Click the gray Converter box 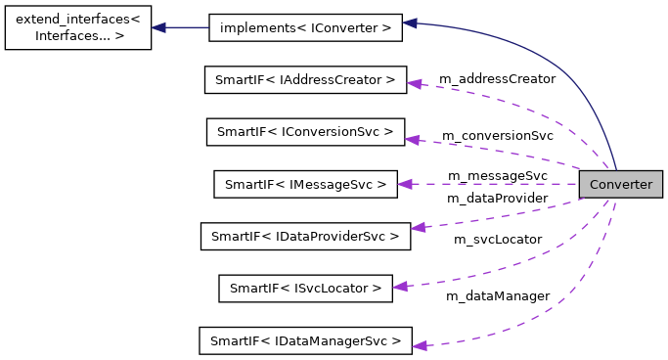(x=620, y=184)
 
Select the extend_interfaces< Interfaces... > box (x=78, y=27)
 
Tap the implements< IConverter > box (x=305, y=28)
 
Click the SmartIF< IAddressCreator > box (x=305, y=79)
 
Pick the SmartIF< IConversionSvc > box (x=305, y=131)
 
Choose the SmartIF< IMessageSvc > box (x=305, y=183)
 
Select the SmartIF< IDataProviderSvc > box (x=305, y=236)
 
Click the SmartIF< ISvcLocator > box (x=305, y=288)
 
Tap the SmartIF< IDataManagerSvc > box (x=305, y=340)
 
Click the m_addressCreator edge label (x=497, y=78)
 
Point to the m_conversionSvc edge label (x=497, y=135)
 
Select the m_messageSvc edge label (x=497, y=175)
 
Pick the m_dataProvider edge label (x=497, y=198)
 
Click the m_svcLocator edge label (x=497, y=239)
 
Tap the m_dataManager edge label (x=497, y=294)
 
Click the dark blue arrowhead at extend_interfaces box (x=159, y=27)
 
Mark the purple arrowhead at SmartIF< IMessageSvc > (x=406, y=183)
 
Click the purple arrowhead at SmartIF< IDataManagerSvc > (x=419, y=344)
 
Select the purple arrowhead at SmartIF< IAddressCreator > (x=414, y=84)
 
